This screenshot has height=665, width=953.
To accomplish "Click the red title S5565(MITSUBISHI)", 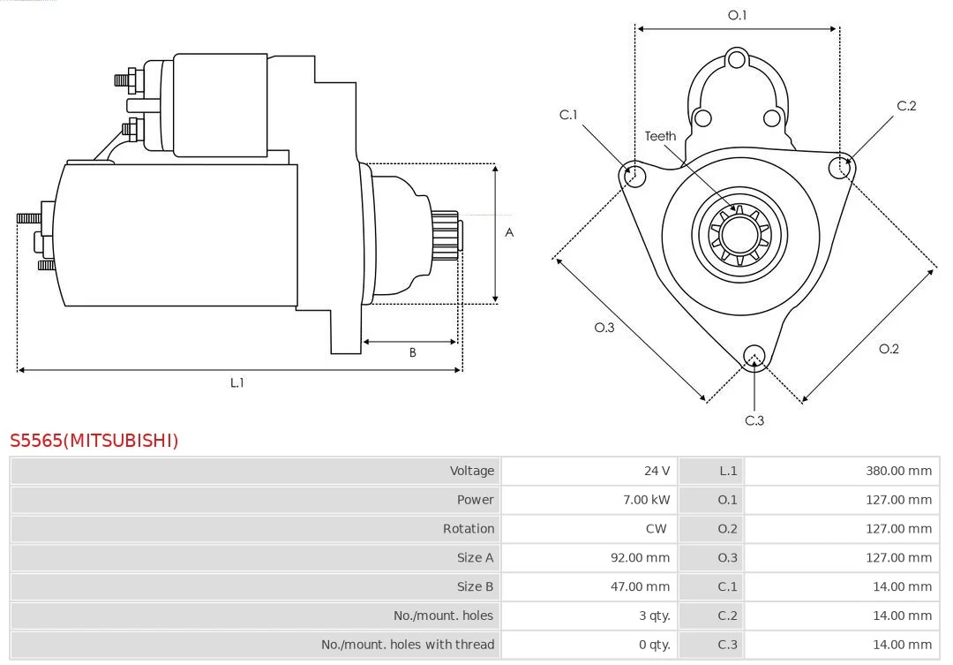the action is pos(94,440).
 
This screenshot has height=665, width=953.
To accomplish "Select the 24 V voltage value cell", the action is pos(657,471).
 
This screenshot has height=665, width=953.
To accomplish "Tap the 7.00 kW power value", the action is pos(646,500).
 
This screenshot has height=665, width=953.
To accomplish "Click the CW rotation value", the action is pos(656,529).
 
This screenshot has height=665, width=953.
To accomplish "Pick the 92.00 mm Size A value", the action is pos(640,557).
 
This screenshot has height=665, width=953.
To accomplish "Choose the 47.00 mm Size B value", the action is pos(640,586).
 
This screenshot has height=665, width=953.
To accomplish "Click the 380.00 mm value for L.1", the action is pos(898,471).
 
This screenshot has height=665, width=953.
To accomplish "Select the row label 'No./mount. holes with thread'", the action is pos(407,645).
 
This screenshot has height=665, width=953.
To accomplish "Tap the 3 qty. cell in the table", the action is pos(654,616).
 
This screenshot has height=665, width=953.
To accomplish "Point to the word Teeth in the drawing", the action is pos(660,136).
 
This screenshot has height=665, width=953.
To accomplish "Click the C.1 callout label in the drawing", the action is pos(568,115).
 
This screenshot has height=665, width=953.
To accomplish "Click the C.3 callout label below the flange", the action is pos(754,420).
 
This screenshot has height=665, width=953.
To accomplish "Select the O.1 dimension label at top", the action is pos(737,15).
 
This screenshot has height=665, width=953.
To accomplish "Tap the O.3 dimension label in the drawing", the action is pos(604,328).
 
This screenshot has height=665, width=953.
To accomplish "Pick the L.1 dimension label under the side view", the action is pos(237,382).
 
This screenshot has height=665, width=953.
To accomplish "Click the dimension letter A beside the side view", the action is pos(509,232).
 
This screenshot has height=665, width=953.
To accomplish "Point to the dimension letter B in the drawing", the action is pos(413,353).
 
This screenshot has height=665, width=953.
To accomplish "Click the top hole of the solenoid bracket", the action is pos(737,60).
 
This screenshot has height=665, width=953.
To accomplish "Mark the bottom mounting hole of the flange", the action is pos(754,357).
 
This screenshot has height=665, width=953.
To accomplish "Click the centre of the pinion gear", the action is pos(739,234).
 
